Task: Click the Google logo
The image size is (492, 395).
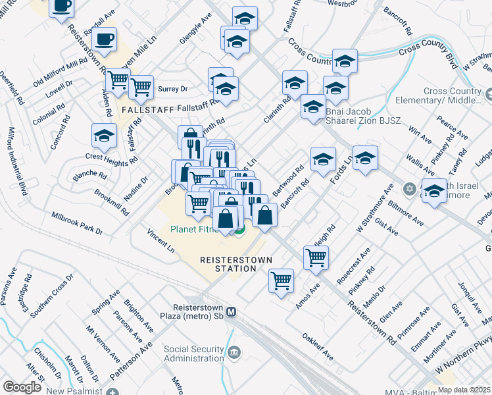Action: coord(22,387)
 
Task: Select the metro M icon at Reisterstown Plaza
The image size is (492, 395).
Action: coord(231,312)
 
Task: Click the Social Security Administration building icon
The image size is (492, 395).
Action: coord(234,354)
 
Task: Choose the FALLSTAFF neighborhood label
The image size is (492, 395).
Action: coord(147,109)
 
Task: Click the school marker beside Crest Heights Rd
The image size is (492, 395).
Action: coord(104,136)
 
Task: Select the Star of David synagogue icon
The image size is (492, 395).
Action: coord(409,189)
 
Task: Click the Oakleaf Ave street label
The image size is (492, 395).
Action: coord(318,348)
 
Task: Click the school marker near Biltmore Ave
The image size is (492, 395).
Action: coord(433,191)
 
